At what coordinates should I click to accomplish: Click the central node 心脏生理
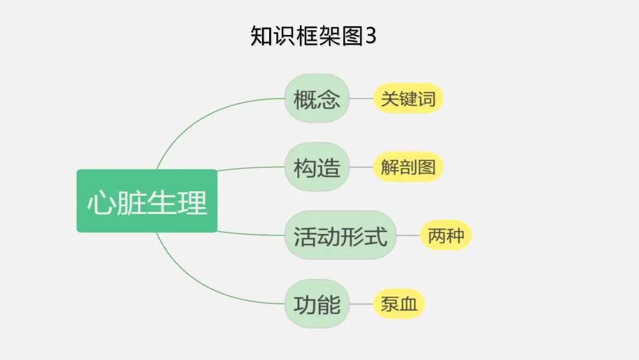tap(147, 201)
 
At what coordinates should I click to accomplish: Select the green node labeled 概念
tap(317, 99)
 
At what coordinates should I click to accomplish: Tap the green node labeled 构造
tap(317, 168)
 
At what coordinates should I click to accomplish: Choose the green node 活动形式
tap(340, 236)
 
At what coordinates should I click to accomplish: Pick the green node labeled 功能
tap(317, 304)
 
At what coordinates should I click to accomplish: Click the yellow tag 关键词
tap(408, 99)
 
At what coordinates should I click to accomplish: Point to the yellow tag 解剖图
tap(408, 168)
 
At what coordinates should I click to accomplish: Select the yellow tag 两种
tap(446, 236)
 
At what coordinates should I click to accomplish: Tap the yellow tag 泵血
tap(399, 304)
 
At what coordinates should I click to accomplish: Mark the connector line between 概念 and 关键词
tap(361, 99)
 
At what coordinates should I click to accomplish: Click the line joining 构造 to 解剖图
tap(361, 168)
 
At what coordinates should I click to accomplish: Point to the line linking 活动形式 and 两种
tap(408, 236)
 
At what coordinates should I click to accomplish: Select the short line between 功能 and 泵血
tap(361, 304)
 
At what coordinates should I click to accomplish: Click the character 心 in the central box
tap(101, 202)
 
